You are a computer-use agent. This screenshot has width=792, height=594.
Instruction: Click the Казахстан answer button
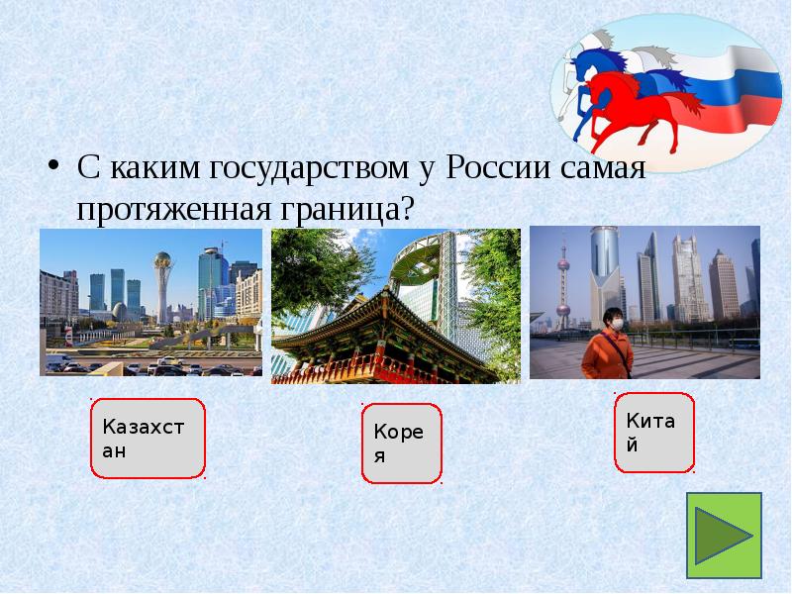pyautogui.click(x=148, y=439)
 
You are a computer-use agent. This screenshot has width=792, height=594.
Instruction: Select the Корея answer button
pyautogui.click(x=401, y=444)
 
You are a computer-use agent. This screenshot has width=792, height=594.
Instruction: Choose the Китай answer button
pyautogui.click(x=654, y=433)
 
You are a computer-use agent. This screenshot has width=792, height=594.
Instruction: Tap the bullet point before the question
pyautogui.click(x=55, y=164)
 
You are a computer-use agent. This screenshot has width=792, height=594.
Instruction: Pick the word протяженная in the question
pyautogui.click(x=173, y=208)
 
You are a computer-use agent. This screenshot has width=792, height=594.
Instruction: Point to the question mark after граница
pyautogui.click(x=405, y=208)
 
